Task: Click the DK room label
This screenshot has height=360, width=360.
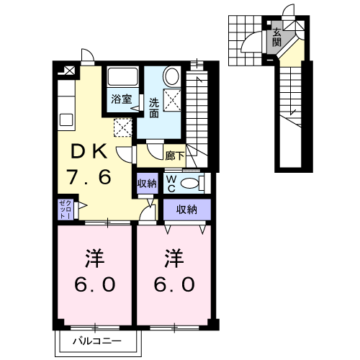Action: pyautogui.click(x=89, y=152)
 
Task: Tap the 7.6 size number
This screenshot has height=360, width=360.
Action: pyautogui.click(x=89, y=177)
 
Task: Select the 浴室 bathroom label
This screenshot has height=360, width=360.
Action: pyautogui.click(x=122, y=99)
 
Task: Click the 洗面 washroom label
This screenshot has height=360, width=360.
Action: pyautogui.click(x=154, y=108)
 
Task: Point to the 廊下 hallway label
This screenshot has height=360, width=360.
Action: pyautogui.click(x=175, y=156)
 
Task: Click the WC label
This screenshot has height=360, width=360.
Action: pyautogui.click(x=171, y=184)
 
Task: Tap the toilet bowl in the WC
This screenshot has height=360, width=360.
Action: pyautogui.click(x=190, y=184)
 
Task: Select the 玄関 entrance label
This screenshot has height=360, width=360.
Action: pyautogui.click(x=276, y=37)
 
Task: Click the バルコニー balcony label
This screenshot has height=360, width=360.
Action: pyautogui.click(x=97, y=341)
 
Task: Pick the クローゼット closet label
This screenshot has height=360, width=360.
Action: pyautogui.click(x=66, y=210)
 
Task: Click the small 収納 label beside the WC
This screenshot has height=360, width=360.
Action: pyautogui.click(x=147, y=184)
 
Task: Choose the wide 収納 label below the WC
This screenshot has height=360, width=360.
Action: pyautogui.click(x=186, y=210)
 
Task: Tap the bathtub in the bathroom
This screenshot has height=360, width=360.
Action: pyautogui.click(x=123, y=76)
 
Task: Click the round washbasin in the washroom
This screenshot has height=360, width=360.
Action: pyautogui.click(x=172, y=76)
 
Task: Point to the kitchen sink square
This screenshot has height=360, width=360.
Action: pyautogui.click(x=66, y=120)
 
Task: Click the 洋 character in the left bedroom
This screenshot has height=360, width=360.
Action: pyautogui.click(x=94, y=258)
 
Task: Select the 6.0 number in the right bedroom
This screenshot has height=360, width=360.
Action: pyautogui.click(x=174, y=284)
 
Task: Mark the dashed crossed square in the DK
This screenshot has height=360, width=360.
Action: pyautogui.click(x=122, y=127)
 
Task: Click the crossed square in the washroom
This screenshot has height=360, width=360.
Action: pyautogui.click(x=172, y=100)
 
